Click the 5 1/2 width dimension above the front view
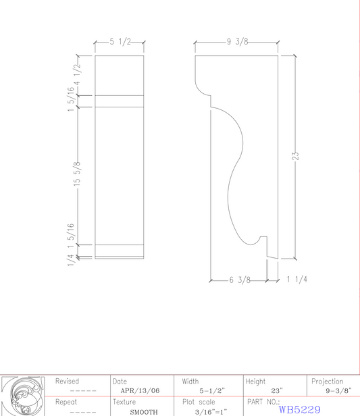click(120, 42)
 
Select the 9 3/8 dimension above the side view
click(237, 42)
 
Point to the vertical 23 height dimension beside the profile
click(295, 156)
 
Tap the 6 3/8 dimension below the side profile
click(239, 280)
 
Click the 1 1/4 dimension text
click(297, 280)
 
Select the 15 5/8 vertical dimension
click(77, 174)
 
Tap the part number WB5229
click(299, 409)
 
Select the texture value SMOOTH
click(144, 411)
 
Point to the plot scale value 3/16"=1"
click(209, 411)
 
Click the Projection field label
click(327, 382)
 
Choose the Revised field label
click(67, 382)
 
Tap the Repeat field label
click(66, 402)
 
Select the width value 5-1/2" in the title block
click(211, 390)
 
